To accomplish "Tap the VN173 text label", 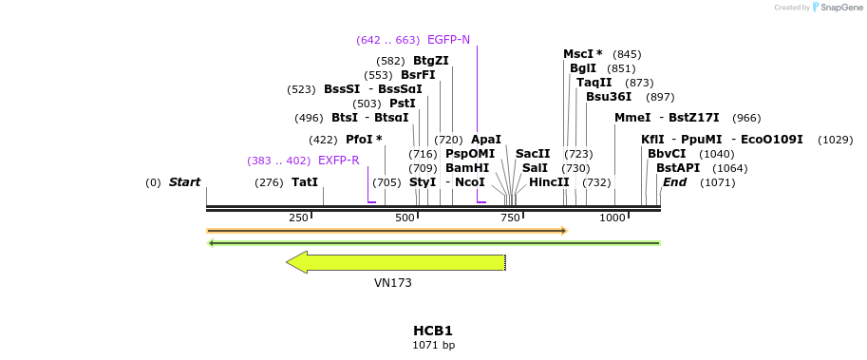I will pos(393,283).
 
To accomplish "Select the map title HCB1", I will pos(433,331).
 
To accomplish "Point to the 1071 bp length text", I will pos(433,345).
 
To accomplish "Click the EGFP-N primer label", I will pos(448,40).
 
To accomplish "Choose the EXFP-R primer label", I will pos(338,161).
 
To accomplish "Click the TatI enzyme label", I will pos(305,182).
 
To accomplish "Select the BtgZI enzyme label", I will pos(431,61).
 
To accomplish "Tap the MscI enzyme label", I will pos(583,54).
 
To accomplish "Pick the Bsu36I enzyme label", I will pos(609,97).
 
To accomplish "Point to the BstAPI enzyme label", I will pos(678,168).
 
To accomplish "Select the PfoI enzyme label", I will pos(364,140).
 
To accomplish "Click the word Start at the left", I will pos(184,182).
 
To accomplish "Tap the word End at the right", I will pos(674,182).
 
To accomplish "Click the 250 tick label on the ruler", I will pos(298,218).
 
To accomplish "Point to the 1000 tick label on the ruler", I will pos(613,218).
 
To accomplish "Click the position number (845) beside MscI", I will pos(627,54).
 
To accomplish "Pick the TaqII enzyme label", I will pos(594,83).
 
